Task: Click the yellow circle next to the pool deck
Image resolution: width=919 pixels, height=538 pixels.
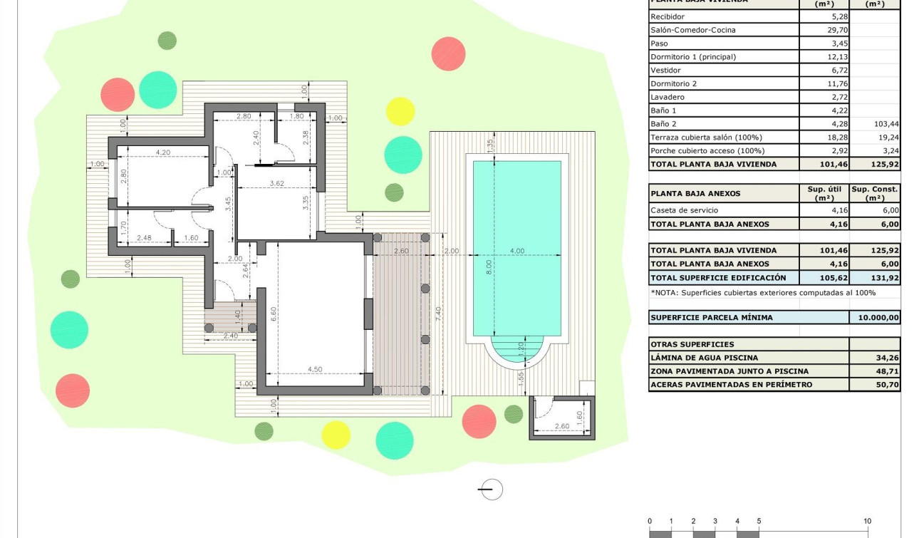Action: [400, 112]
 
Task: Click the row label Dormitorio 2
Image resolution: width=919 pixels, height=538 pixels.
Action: [673, 83]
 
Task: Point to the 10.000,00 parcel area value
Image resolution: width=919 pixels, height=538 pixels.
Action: [876, 318]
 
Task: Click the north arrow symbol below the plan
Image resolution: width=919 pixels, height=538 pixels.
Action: [490, 490]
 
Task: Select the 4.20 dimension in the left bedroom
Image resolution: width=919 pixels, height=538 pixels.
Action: [162, 152]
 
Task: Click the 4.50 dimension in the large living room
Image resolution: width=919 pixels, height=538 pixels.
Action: [314, 369]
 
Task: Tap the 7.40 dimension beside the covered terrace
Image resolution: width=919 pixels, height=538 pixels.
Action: [439, 313]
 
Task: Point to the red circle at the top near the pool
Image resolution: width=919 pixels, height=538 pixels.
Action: [448, 53]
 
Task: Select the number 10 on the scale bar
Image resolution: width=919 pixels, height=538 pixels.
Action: [867, 522]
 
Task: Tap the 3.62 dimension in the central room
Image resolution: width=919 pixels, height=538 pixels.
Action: [277, 184]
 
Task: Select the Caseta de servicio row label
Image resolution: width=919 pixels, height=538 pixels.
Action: [684, 210]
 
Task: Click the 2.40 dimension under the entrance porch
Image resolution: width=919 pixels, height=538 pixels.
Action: [230, 336]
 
